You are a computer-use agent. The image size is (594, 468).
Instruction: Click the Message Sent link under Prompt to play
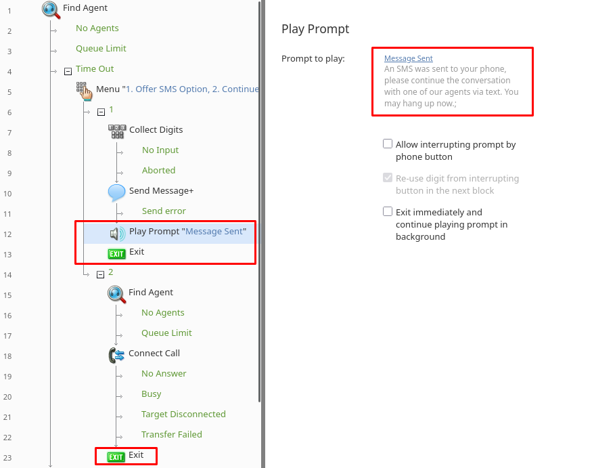(x=409, y=58)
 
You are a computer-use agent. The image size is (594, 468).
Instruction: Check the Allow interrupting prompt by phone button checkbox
(x=388, y=144)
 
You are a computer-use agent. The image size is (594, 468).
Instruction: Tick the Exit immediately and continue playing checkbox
(x=388, y=211)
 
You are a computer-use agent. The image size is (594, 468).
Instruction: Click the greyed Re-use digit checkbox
(x=388, y=177)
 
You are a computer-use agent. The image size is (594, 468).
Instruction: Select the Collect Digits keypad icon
(x=117, y=131)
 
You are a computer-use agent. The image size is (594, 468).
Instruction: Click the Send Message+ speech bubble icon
(x=116, y=192)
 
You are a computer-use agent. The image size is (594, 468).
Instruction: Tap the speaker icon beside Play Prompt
(x=118, y=234)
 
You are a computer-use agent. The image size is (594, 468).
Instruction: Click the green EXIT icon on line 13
(x=116, y=254)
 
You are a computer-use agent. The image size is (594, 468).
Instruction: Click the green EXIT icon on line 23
(x=116, y=457)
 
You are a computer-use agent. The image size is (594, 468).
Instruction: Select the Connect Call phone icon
(x=116, y=356)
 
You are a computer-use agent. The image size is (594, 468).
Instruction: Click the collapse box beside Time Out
(x=68, y=71)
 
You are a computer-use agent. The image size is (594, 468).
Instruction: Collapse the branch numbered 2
(x=100, y=274)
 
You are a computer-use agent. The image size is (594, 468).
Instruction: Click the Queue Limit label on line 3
(x=101, y=49)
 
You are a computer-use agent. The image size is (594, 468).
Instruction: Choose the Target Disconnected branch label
(x=183, y=414)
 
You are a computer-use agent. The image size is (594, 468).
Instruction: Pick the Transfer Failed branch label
(x=172, y=435)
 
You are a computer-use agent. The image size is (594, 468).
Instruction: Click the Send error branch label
(x=164, y=211)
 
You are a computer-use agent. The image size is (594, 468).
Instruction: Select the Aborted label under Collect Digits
(x=158, y=170)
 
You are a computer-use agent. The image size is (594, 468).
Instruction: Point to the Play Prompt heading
(x=315, y=29)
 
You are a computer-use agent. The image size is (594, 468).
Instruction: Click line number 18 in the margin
(x=7, y=356)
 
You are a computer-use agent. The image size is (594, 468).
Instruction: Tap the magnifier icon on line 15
(x=116, y=295)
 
